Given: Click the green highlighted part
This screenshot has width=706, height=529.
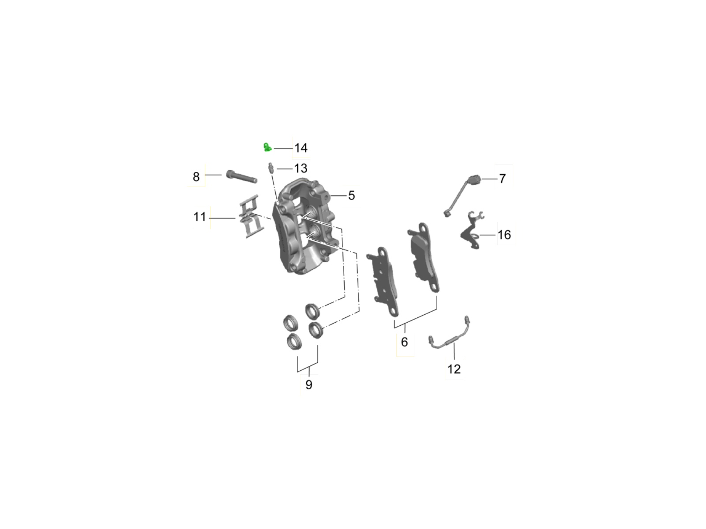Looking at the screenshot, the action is [267, 147].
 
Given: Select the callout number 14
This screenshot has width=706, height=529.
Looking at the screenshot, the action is [301, 148].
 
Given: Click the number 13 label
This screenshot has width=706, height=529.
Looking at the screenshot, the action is [301, 168].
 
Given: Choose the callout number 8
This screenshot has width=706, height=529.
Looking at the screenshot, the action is [196, 177].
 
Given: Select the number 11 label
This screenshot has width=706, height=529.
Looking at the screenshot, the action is [199, 217].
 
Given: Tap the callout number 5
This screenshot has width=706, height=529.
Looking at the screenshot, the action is [351, 195].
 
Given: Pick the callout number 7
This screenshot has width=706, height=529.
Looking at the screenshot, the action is [503, 179].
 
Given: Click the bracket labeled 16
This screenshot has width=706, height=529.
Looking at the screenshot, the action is [472, 230].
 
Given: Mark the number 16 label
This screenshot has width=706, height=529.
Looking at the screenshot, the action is [504, 235].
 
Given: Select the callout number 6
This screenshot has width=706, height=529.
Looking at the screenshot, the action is [404, 342].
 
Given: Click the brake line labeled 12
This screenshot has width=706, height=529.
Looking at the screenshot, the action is [450, 334].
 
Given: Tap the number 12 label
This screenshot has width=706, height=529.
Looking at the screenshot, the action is [454, 369].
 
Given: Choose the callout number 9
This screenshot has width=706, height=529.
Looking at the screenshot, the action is [309, 384].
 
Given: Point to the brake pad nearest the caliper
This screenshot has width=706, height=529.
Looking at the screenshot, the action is [383, 282].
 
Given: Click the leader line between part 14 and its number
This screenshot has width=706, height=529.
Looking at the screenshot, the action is [283, 149].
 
